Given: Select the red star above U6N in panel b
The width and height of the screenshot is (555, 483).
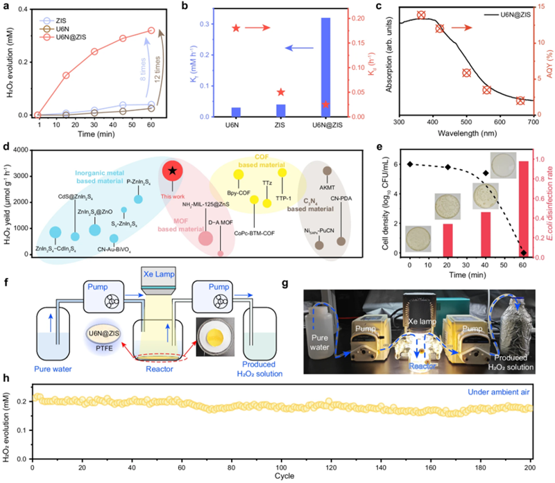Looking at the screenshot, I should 236,28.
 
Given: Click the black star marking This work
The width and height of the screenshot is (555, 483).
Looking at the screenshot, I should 171,170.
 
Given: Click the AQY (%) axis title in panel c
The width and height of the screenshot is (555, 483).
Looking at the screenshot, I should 546,63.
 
